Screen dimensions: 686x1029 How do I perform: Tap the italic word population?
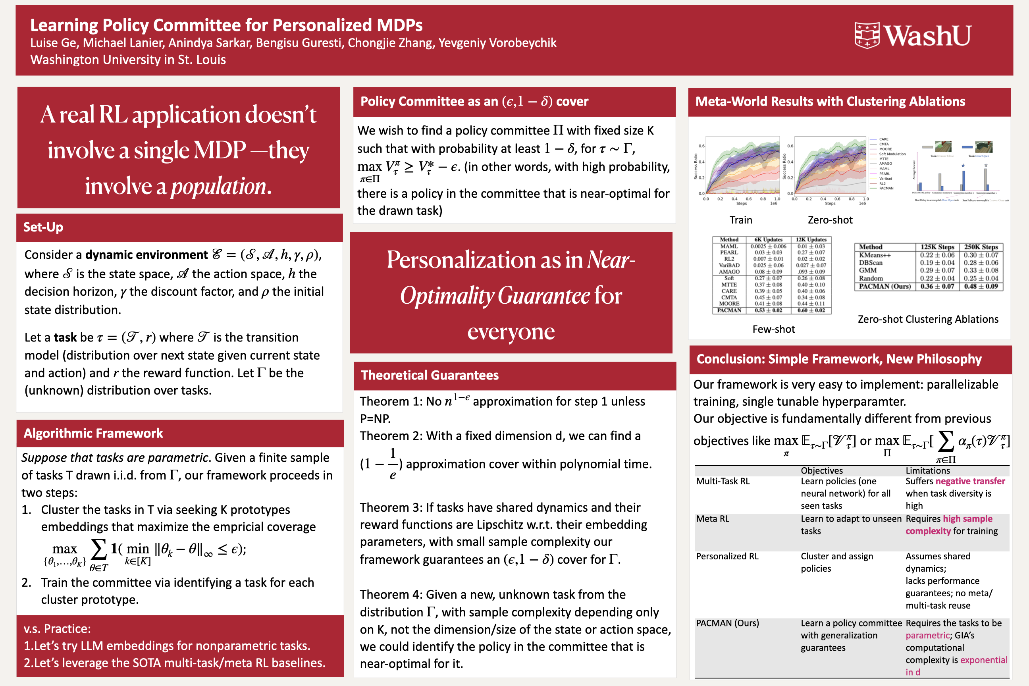(218, 186)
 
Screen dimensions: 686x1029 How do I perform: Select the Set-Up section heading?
(43, 227)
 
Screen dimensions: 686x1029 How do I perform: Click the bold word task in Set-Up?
(65, 337)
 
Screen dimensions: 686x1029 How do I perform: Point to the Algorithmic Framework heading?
(93, 433)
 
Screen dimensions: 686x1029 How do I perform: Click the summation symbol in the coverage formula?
(98, 549)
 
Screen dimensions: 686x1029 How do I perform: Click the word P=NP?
(375, 419)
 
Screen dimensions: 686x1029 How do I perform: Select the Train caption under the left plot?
(741, 220)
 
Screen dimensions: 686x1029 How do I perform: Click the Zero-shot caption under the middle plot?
(830, 220)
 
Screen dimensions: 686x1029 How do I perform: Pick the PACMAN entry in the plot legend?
(886, 188)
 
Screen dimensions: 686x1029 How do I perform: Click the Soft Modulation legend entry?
(892, 154)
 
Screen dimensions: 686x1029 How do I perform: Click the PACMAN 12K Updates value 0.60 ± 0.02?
(811, 310)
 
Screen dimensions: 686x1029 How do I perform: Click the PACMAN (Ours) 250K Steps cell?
(981, 287)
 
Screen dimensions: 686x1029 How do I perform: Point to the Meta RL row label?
(712, 519)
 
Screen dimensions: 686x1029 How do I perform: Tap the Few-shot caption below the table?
(773, 330)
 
